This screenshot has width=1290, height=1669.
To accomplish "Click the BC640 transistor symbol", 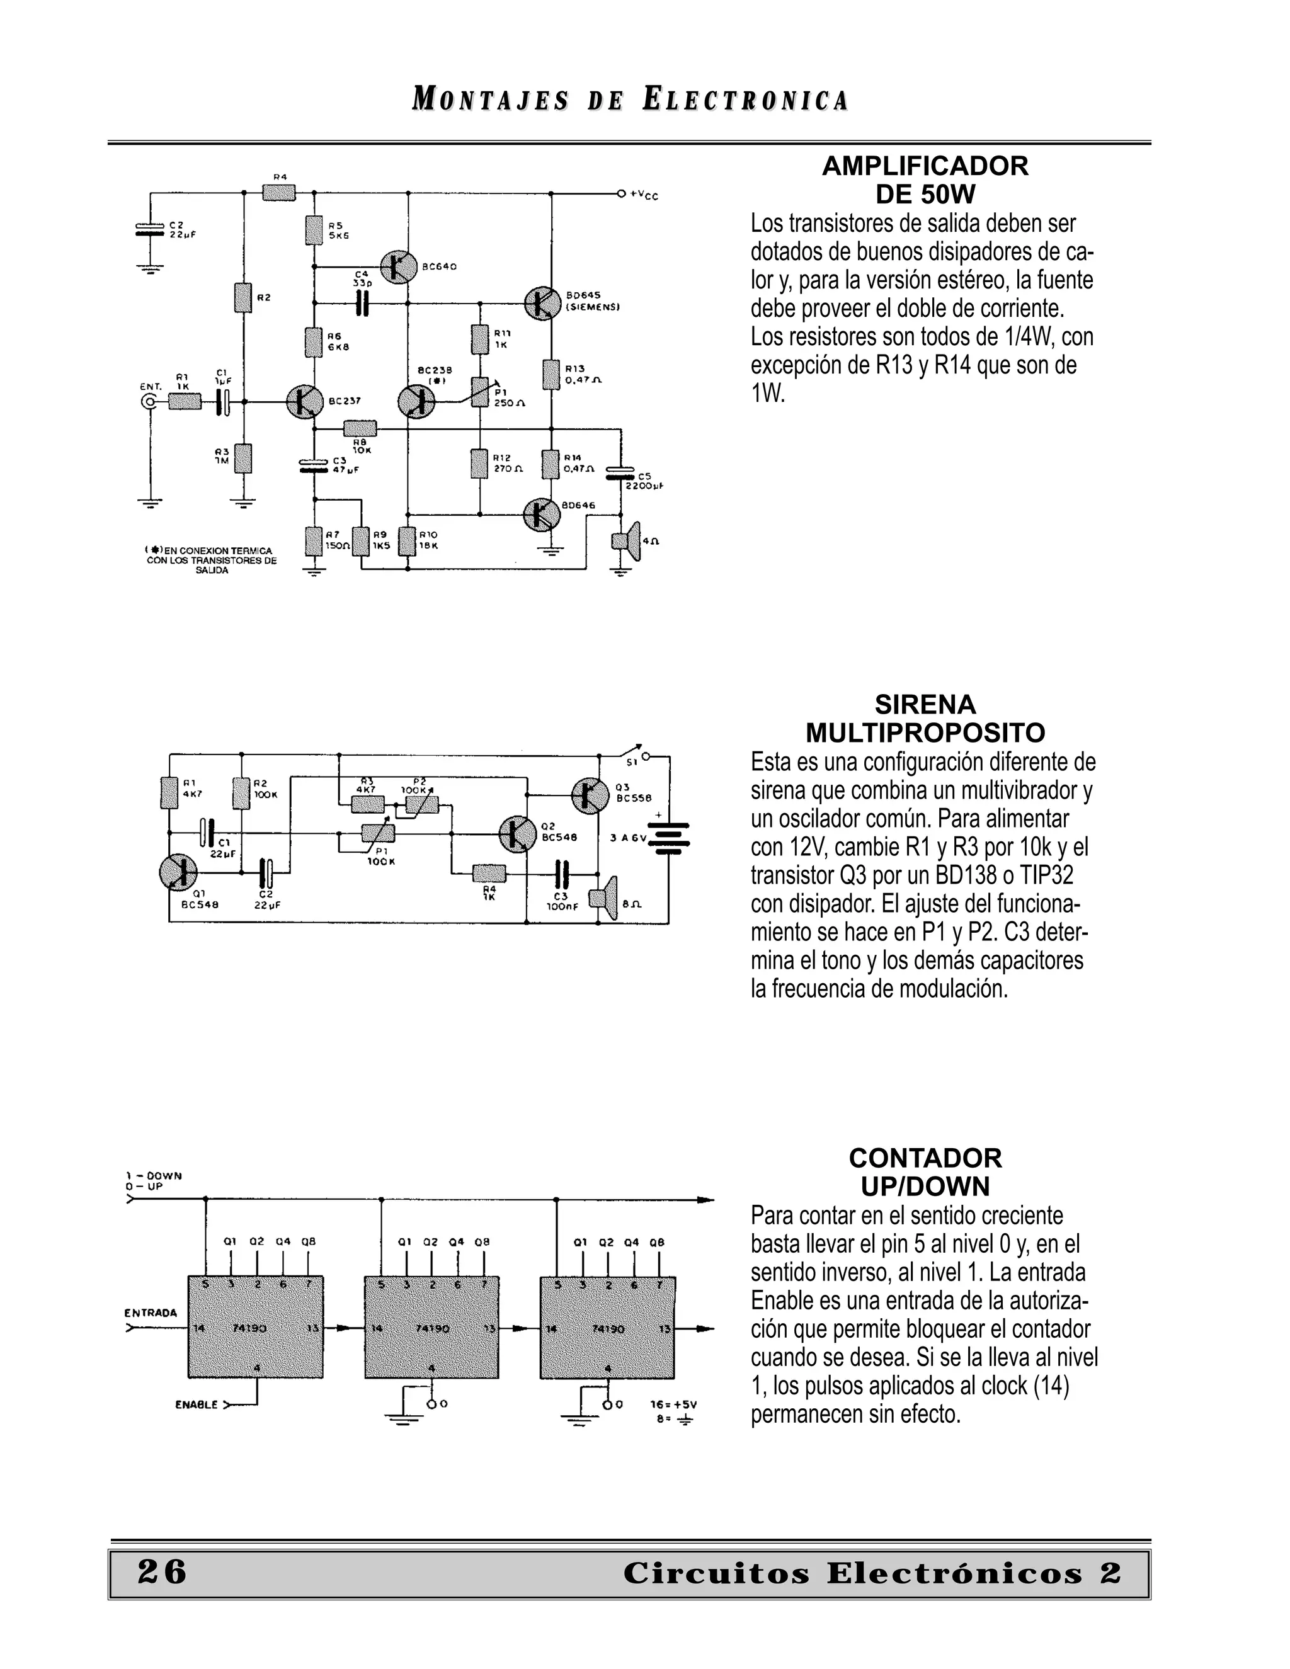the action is tap(398, 266).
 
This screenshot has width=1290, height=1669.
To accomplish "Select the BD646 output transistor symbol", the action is tap(541, 516).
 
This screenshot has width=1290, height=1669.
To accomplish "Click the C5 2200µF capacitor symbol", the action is tap(620, 474).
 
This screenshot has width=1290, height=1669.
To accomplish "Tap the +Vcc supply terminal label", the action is tap(642, 196).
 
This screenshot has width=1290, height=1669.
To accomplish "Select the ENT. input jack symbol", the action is tap(151, 402).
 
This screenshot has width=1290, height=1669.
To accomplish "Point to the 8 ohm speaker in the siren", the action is tap(603, 899).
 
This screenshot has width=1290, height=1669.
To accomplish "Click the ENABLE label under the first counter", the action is tap(196, 1404).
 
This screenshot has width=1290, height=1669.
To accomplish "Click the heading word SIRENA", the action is tap(925, 704).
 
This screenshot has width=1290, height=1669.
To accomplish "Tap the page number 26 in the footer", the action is tap(161, 1572).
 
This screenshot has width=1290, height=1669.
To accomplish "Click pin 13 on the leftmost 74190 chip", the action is tap(312, 1328).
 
